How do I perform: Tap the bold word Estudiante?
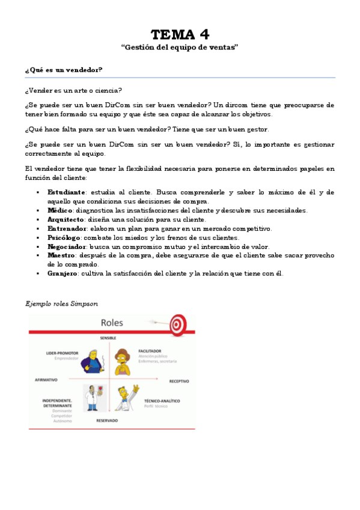click(66, 192)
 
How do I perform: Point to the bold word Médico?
click(60, 210)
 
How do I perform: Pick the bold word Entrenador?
click(67, 229)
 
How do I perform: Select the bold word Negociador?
click(67, 247)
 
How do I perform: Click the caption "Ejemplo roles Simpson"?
click(61, 304)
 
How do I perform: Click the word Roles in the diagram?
click(112, 323)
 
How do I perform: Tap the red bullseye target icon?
click(177, 324)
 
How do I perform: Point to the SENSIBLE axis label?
click(108, 337)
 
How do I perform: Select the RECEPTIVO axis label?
click(179, 381)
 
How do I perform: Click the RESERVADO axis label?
click(107, 420)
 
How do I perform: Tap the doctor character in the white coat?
click(91, 397)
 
